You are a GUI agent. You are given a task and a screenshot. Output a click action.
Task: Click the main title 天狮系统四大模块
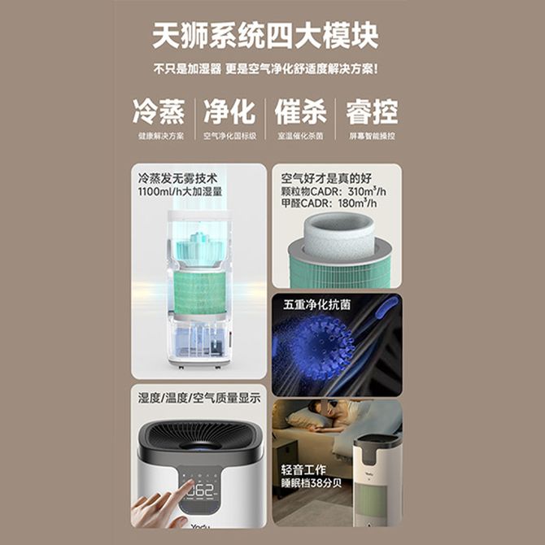[265, 36]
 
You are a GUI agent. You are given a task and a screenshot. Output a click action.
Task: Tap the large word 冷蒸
[159, 111]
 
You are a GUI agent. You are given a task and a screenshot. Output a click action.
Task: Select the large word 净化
[229, 111]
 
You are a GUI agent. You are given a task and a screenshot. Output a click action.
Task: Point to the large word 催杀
[301, 111]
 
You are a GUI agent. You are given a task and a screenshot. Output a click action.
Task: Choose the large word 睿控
[372, 111]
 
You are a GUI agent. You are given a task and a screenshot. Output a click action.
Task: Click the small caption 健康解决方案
[161, 136]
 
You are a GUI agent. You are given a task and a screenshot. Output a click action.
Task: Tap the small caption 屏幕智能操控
[373, 136]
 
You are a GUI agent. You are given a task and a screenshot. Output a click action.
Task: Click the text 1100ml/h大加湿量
[180, 191]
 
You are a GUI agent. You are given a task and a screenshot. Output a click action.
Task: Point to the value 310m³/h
[367, 191]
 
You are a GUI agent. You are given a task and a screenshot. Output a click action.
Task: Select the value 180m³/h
[357, 203]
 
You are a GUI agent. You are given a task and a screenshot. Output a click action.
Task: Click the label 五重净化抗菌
[316, 304]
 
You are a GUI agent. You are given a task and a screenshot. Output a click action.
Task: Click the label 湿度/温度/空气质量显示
[199, 398]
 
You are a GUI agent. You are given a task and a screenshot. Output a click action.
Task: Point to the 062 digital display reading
[203, 491]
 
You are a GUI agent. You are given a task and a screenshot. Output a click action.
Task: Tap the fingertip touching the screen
[190, 484]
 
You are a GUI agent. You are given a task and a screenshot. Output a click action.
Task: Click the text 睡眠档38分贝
[312, 483]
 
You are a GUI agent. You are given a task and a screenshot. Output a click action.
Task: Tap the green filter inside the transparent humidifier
[201, 292]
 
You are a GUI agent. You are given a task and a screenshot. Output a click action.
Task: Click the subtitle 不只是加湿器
[187, 69]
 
